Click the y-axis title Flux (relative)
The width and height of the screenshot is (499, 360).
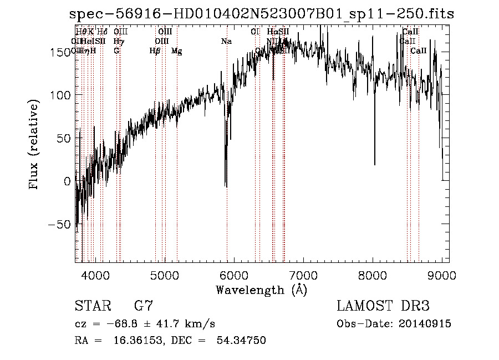coord(34,145)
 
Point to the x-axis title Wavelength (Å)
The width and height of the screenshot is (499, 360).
coord(261,290)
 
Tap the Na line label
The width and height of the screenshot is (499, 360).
coord(226,41)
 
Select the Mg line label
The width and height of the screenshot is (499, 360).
coord(176,51)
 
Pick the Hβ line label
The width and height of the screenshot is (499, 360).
coord(155,51)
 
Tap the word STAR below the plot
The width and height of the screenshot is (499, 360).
coord(92,306)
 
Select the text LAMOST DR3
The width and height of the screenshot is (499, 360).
coord(383,306)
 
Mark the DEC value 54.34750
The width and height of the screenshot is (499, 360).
coord(240,341)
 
